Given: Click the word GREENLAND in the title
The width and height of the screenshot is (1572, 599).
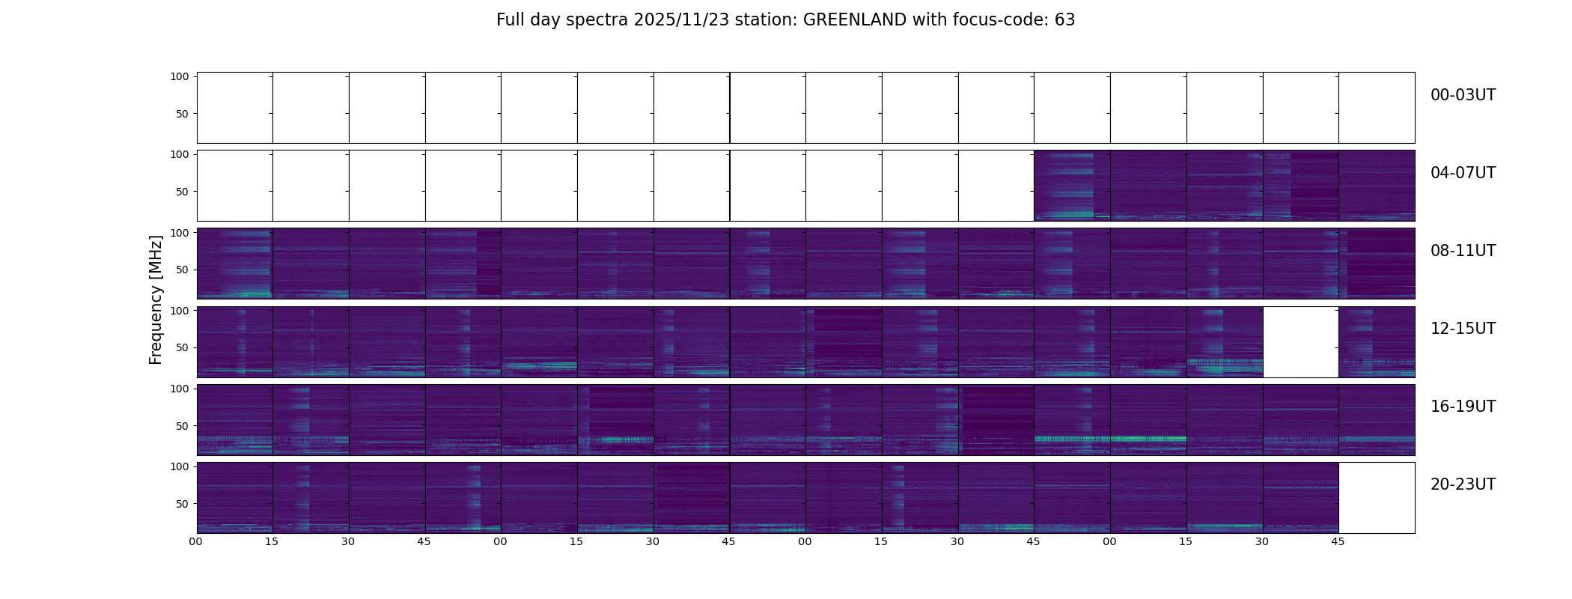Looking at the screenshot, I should pos(854,20).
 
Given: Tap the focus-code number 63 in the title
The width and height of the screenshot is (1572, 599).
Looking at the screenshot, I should pos(1064,20).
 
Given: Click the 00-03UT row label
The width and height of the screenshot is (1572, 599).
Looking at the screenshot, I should pos(1463,95).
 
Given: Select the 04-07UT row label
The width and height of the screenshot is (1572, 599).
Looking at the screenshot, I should pos(1463,173).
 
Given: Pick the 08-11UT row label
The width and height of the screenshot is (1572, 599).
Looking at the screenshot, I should pos(1463,251).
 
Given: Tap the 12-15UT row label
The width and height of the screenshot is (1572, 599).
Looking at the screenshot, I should pos(1463,329).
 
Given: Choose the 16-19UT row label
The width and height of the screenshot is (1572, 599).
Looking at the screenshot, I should pos(1463,407).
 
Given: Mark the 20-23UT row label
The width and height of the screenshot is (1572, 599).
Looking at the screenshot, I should pos(1463,484).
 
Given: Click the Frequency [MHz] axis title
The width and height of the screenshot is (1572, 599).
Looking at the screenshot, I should pos(156,299).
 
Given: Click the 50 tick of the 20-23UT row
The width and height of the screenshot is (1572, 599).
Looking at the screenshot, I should pos(181,504).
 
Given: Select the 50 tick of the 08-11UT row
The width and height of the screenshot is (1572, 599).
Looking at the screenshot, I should pos(181,270).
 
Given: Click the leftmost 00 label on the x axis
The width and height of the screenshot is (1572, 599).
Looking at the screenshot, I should pos(196,541).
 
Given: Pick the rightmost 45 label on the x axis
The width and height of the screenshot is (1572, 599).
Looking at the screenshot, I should pos(1338,541).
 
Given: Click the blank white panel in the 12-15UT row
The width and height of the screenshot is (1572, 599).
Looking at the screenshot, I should pos(1300,341).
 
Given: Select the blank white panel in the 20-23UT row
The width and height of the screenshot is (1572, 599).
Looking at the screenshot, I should pos(1377,498).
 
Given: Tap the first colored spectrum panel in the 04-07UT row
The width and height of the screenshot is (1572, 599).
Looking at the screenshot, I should pos(1072,186).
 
